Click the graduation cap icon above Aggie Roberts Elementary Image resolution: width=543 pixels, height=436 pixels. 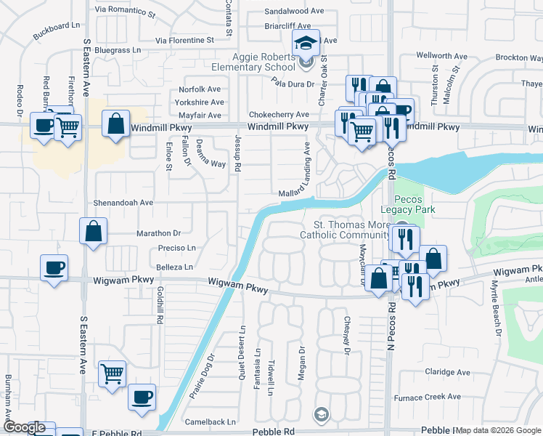point(306,44)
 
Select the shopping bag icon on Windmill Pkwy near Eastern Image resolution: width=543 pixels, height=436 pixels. point(115,124)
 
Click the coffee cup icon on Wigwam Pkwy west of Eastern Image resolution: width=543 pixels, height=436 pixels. point(54,267)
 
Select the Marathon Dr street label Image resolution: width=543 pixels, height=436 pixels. point(158,233)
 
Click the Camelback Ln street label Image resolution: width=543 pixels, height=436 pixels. point(211,421)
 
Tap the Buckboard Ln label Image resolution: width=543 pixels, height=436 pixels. point(56,31)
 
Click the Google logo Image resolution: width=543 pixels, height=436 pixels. point(24,428)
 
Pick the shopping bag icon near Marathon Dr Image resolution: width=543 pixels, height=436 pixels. point(94,232)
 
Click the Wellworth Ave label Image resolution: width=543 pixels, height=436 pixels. point(441,56)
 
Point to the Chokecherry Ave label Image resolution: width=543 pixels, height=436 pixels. point(278,115)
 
